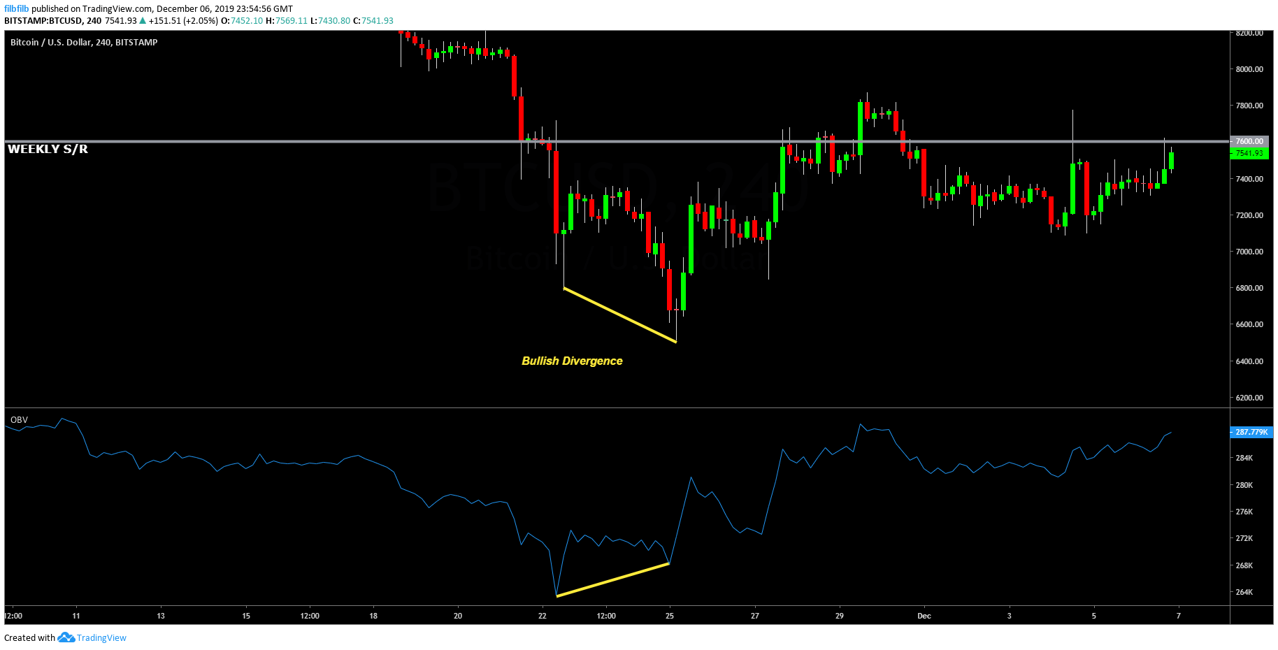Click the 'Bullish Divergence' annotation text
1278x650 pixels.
tap(572, 361)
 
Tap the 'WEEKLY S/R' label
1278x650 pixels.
tap(48, 149)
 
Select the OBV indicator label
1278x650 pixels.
tap(19, 420)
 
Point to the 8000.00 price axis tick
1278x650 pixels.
tap(1249, 69)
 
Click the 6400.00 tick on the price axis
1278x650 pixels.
tap(1249, 361)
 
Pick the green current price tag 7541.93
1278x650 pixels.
tap(1249, 153)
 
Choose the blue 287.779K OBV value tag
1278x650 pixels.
tap(1251, 432)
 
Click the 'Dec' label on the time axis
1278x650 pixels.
tap(924, 616)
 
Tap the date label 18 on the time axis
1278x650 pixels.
tap(373, 616)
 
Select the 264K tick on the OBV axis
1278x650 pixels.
tap(1244, 592)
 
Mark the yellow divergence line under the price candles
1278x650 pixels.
tap(619, 315)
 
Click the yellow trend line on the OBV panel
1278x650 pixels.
tap(612, 579)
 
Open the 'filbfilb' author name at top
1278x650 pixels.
tap(16, 8)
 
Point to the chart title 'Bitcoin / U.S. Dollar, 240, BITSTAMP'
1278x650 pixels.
tap(84, 43)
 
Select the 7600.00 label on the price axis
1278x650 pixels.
tap(1249, 141)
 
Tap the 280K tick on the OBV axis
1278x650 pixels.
tap(1244, 485)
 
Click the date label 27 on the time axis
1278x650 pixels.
tap(755, 616)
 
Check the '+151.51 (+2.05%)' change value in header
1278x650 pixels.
tap(183, 21)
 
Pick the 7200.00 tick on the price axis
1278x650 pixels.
tap(1249, 215)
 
